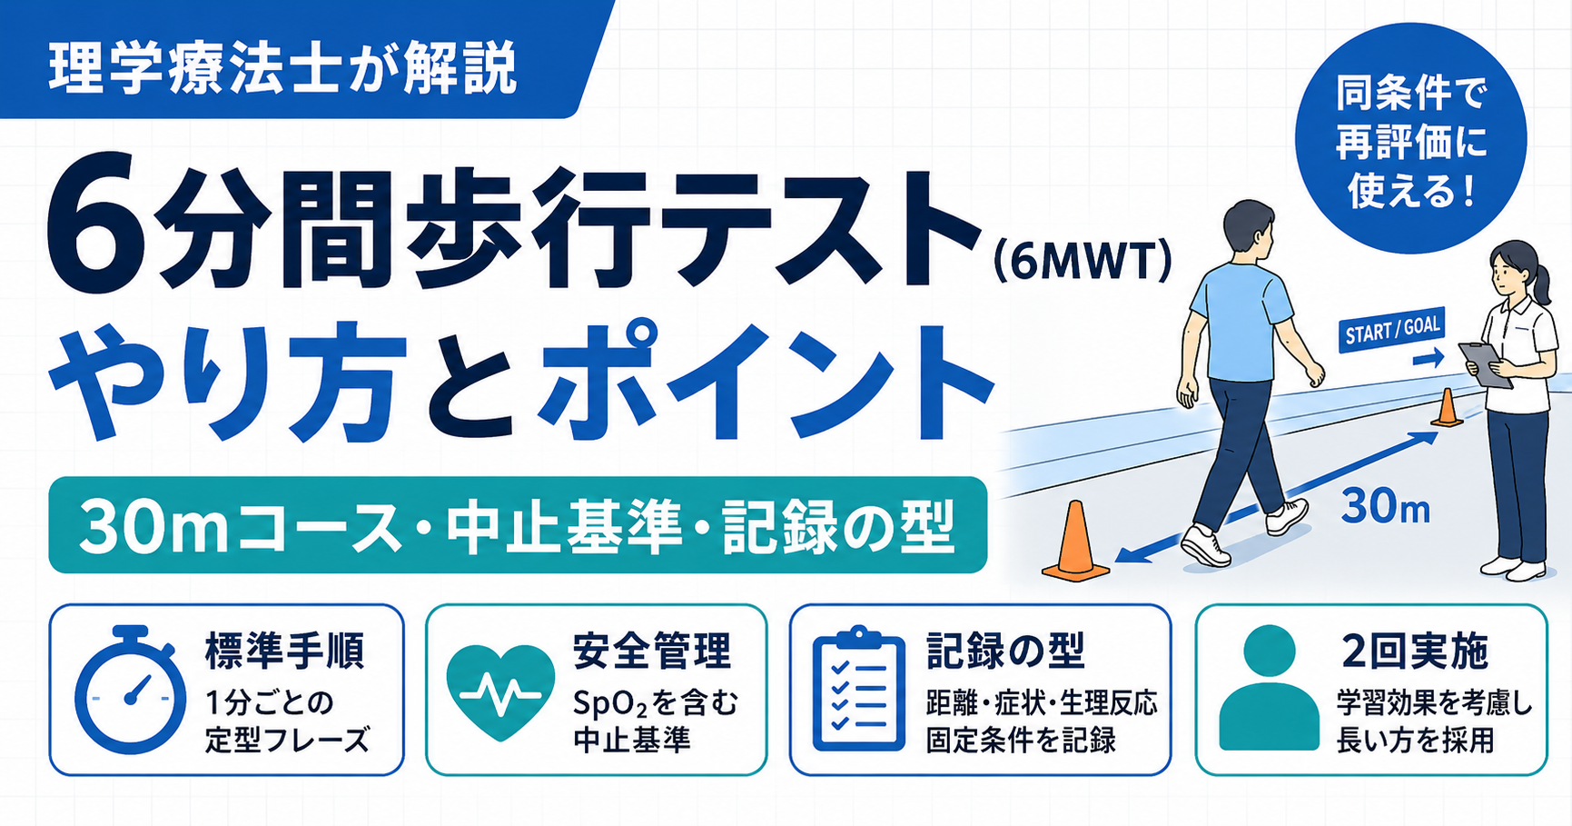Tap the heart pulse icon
[500, 692]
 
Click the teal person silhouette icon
[1269, 688]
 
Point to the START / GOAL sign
[1390, 329]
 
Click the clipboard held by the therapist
[1485, 364]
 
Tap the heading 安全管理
[651, 651]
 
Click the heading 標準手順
[285, 651]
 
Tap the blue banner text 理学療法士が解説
[282, 68]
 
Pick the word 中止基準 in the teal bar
[564, 527]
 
